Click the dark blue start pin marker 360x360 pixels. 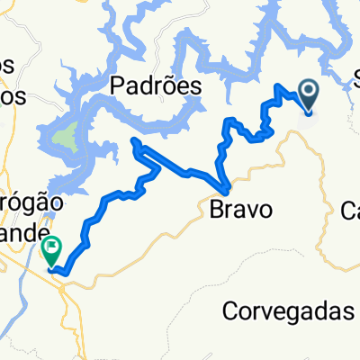[309, 94]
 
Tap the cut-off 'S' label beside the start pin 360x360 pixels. [353, 75]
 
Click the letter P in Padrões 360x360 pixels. [118, 85]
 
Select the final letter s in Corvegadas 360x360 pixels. [349, 311]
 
